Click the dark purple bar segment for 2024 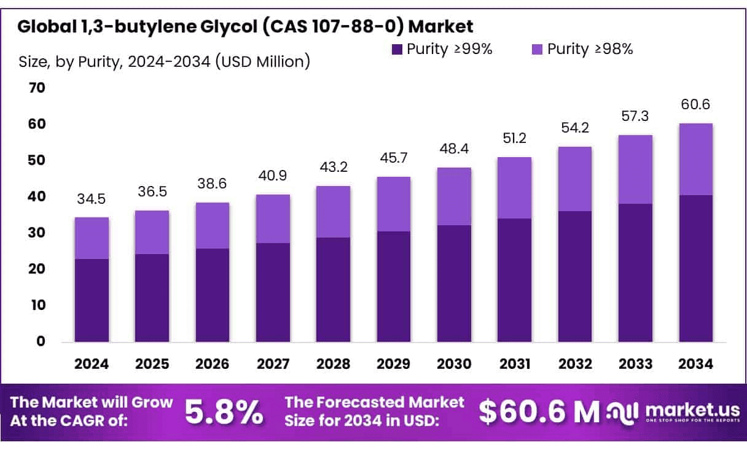coord(92,300)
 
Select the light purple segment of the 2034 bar coord(696,160)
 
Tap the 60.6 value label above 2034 coord(696,105)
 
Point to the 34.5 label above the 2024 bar coord(92,199)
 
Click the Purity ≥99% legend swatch coord(397,50)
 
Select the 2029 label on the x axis coord(394,364)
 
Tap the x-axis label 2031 coord(515,364)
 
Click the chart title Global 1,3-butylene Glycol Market coord(245,26)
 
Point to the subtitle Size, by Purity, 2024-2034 coord(164,61)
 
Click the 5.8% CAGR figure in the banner coord(224,413)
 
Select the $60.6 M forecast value coord(539,413)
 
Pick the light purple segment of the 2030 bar coord(455,196)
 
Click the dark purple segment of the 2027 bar coord(273,292)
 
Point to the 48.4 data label coord(455,149)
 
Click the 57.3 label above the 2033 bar coord(636,117)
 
